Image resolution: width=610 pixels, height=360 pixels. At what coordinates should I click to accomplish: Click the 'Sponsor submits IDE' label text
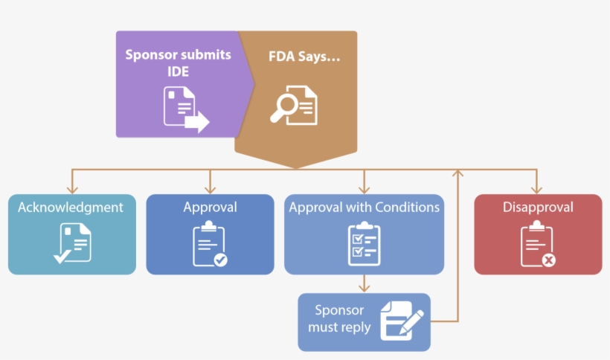[x=178, y=63]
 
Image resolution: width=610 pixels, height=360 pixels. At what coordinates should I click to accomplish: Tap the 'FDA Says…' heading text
[x=304, y=56]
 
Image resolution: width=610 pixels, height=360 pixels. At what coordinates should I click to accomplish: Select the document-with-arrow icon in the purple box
[x=185, y=109]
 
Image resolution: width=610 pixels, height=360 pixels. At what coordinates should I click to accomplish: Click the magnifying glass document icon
[x=293, y=106]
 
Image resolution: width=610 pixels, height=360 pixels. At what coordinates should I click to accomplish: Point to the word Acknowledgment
[x=71, y=208]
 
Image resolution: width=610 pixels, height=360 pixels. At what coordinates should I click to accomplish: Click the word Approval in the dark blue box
[x=210, y=208]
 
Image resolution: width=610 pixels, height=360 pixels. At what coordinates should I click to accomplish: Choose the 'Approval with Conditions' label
[x=364, y=208]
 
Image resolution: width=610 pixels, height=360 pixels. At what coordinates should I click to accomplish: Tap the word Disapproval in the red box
[x=538, y=208]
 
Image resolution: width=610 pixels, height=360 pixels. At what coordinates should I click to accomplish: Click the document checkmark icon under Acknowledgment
[x=71, y=243]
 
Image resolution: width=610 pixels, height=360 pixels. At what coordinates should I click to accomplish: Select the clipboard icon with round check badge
[x=210, y=244]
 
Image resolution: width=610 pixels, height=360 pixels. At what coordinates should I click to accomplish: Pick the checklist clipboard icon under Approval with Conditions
[x=364, y=244]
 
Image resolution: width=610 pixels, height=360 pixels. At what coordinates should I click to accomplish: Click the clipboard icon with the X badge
[x=537, y=244]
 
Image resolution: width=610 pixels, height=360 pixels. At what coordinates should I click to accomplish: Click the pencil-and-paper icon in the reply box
[x=402, y=320]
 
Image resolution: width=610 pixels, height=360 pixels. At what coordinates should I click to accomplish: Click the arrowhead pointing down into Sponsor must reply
[x=364, y=288]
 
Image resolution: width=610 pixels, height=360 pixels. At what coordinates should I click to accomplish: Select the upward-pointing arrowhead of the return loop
[x=457, y=173]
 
